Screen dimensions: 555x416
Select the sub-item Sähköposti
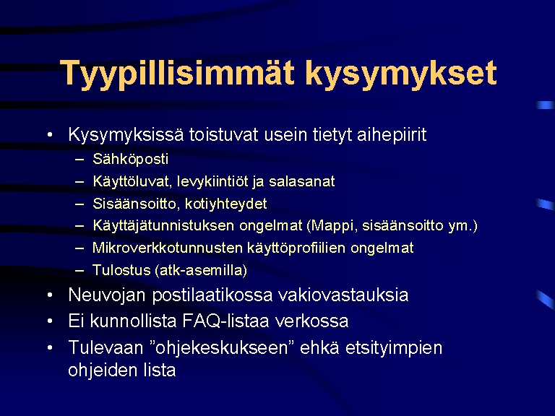130,159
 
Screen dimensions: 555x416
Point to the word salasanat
302,181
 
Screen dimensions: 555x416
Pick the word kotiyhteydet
225,204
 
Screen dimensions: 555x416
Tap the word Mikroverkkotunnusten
168,248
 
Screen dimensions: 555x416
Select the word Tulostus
121,270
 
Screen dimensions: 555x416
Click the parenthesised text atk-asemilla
201,270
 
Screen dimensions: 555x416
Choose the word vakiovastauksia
343,295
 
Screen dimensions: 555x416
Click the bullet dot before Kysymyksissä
50,135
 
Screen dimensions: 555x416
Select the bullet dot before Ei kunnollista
50,321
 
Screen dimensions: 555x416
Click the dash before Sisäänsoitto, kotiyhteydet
79,204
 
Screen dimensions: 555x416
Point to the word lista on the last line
159,370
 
